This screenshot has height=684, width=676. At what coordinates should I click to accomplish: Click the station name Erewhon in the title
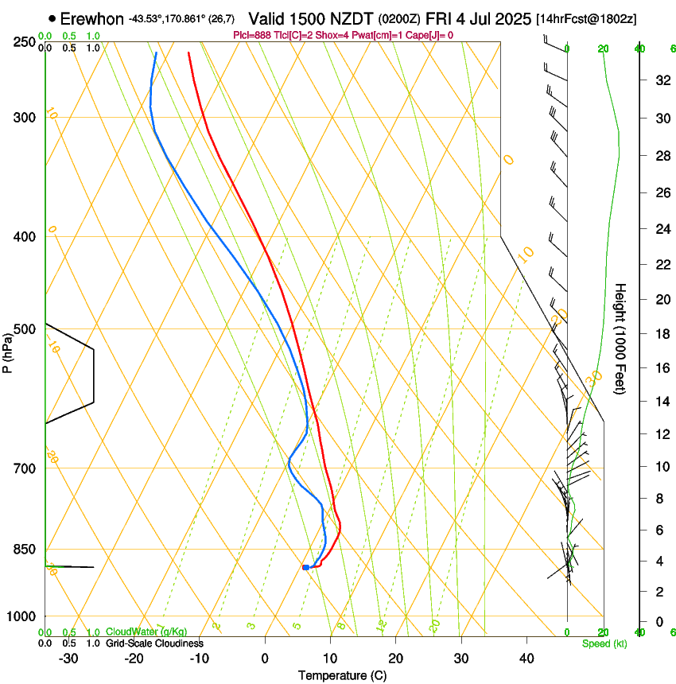[x=91, y=18]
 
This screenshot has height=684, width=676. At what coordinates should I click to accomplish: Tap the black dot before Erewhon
[x=52, y=18]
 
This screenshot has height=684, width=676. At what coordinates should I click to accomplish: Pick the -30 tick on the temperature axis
[x=68, y=658]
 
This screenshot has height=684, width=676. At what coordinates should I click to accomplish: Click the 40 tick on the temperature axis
[x=526, y=658]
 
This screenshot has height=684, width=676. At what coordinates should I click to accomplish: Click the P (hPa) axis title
[x=7, y=352]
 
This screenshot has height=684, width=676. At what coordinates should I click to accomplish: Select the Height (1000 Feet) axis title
[x=620, y=339]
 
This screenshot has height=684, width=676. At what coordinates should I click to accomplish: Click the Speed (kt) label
[x=604, y=643]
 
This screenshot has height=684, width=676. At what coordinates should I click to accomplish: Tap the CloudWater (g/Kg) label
[x=146, y=632]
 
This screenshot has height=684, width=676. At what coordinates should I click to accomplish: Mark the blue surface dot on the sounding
[x=305, y=567]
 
